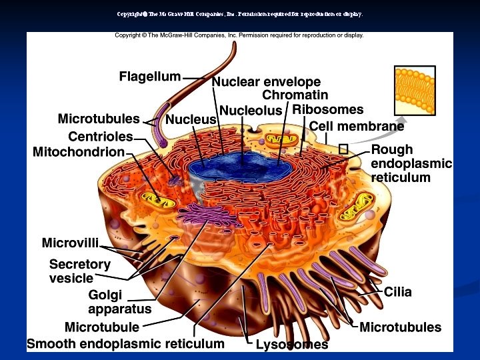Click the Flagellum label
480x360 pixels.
[149, 77]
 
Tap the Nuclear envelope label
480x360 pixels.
[266, 82]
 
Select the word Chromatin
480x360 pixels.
[295, 95]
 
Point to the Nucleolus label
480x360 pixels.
[251, 110]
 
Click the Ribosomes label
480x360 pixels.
[328, 109]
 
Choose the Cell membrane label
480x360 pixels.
[357, 126]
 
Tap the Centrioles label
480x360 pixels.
[101, 137]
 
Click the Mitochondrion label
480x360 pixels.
[79, 152]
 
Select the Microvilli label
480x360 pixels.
[71, 242]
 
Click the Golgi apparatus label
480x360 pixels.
[120, 302]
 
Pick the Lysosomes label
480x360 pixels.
[292, 345]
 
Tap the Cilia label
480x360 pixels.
[397, 292]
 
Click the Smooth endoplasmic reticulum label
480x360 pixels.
[125, 344]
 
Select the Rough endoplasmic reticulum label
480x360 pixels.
[411, 163]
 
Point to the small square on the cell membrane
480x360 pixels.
[343, 149]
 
